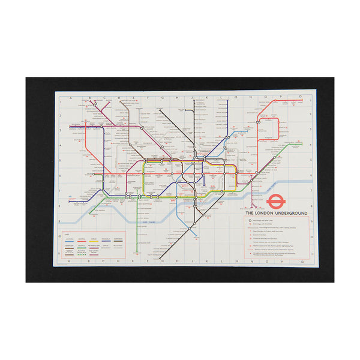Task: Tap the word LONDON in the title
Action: coord(261,213)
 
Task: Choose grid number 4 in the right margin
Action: coord(309,144)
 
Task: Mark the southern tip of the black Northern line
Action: coord(161,257)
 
